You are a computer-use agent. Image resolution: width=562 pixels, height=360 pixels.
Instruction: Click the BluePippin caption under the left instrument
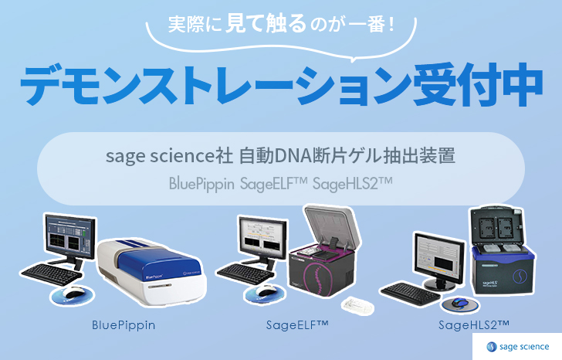pyautogui.click(x=124, y=325)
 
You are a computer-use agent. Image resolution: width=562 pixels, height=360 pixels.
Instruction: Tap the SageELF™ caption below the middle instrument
pyautogui.click(x=297, y=325)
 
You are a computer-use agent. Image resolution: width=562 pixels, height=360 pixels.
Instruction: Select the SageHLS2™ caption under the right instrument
pyautogui.click(x=474, y=325)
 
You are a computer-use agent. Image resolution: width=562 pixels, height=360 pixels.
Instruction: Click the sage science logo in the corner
pyautogui.click(x=517, y=347)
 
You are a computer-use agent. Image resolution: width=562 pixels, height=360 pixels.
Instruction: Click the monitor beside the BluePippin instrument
pyautogui.click(x=70, y=236)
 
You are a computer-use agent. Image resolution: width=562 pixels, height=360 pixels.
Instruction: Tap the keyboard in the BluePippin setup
pyautogui.click(x=51, y=275)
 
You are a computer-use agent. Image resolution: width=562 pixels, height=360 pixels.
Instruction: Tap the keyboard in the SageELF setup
pyautogui.click(x=245, y=274)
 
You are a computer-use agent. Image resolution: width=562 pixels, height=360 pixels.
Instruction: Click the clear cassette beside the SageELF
pyautogui.click(x=357, y=305)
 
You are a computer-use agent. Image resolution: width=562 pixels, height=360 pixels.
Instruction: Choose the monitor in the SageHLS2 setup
pyautogui.click(x=439, y=259)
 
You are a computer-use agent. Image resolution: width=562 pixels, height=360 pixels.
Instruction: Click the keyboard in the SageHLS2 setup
pyautogui.click(x=410, y=294)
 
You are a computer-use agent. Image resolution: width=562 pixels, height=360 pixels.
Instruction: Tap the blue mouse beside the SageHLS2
pyautogui.click(x=459, y=302)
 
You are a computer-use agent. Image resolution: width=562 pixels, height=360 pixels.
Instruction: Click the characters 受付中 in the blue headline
pyautogui.click(x=478, y=85)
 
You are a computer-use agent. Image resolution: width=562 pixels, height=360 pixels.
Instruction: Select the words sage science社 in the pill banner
pyautogui.click(x=169, y=156)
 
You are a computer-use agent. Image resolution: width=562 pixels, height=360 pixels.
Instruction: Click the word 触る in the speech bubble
pyautogui.click(x=286, y=23)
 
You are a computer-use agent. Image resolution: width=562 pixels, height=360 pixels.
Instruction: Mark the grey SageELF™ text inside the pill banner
pyautogui.click(x=274, y=184)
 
